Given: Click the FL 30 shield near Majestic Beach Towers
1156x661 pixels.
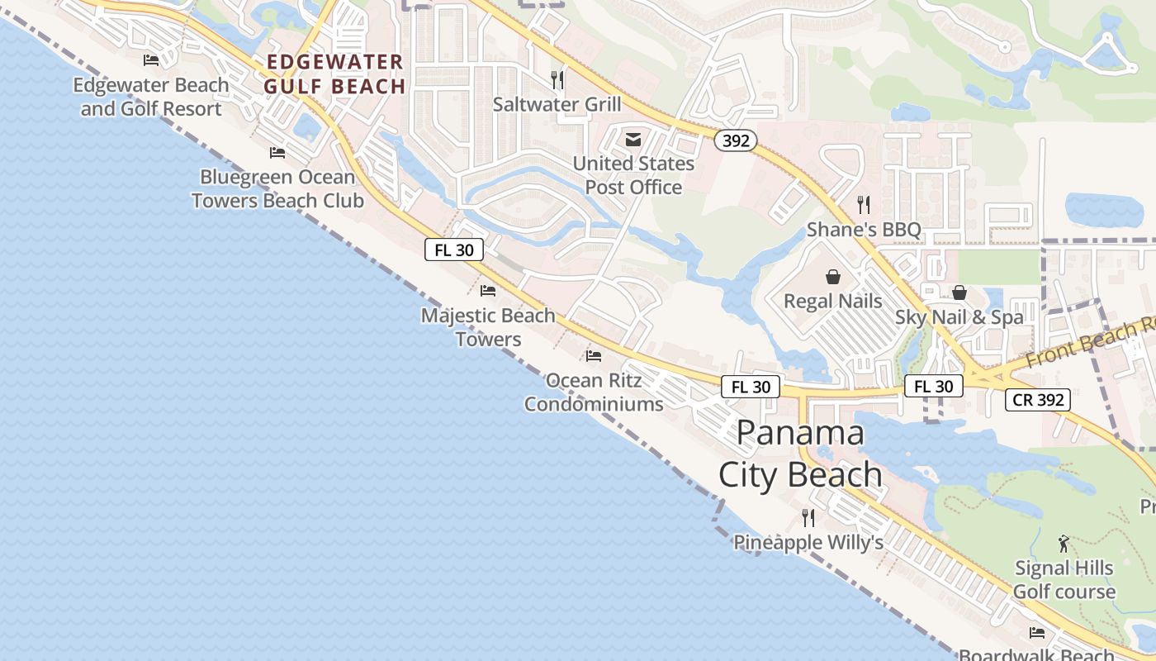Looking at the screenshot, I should pos(453,250).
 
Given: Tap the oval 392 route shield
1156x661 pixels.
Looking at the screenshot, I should pos(735,140).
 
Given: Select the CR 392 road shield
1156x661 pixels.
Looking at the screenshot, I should pos(1038,401).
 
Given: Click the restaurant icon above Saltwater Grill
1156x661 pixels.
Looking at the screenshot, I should pos(558,80).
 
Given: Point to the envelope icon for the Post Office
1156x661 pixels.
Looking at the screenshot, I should pos(633,140).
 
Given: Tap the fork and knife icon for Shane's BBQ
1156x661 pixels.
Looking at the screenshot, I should pos(864,205).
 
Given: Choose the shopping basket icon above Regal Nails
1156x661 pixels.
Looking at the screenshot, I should pos(833,277).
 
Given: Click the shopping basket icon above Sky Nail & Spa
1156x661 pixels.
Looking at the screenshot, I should pos(959,292).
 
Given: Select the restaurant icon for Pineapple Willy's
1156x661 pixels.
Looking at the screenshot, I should pos(808,518).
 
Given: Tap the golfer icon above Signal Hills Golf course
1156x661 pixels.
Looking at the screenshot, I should pos(1064,544).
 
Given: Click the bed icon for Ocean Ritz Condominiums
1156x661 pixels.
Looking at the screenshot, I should pos(594,356).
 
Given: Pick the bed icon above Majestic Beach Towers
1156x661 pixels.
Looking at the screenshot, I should pos(488,291).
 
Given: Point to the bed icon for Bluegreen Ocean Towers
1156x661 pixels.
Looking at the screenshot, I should pos(277,153).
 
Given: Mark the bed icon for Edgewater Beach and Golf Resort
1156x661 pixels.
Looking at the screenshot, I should pos(151,60).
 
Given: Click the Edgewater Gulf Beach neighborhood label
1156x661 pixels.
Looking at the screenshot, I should pos(334,74).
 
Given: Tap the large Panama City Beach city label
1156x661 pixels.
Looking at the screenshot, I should pos(800,454).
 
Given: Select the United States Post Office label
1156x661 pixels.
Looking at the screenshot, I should pos(633,175).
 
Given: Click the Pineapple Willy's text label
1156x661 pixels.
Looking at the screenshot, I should pos(808,543).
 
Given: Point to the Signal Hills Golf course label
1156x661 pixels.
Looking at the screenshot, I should pos(1064,580).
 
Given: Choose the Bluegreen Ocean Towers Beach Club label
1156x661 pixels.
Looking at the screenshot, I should pos(277,188).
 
